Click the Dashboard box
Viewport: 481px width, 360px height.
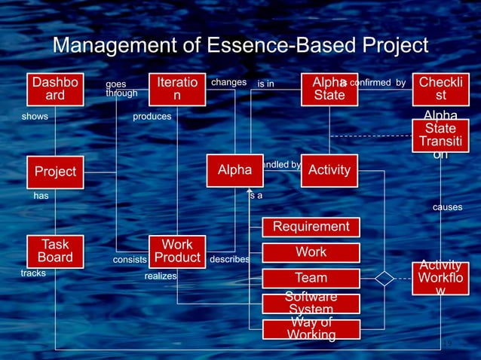click(55, 90)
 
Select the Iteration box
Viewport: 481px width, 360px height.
click(176, 90)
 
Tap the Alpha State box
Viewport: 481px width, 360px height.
click(329, 90)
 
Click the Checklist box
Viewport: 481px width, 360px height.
click(440, 90)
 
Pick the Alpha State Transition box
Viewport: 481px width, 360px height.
click(440, 136)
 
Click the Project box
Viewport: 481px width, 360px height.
click(55, 171)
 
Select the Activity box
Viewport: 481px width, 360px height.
click(329, 170)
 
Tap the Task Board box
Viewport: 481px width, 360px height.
click(55, 251)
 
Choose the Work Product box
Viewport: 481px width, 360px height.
click(177, 252)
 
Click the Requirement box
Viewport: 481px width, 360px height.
click(311, 227)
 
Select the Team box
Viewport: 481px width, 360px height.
click(311, 278)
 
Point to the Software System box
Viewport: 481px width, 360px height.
click(311, 304)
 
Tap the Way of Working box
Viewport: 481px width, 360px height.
click(311, 329)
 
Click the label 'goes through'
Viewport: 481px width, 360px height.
click(121, 88)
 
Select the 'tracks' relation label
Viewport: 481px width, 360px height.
click(33, 273)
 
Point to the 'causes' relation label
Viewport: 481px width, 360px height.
click(447, 207)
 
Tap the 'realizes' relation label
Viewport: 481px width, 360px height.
click(161, 276)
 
